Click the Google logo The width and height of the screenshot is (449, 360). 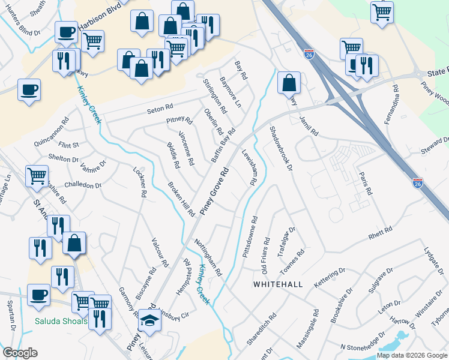point(20,353)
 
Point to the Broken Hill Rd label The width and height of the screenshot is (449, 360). point(181,199)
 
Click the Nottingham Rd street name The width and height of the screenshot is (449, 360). point(208,257)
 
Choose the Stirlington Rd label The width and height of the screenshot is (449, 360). point(215,96)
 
